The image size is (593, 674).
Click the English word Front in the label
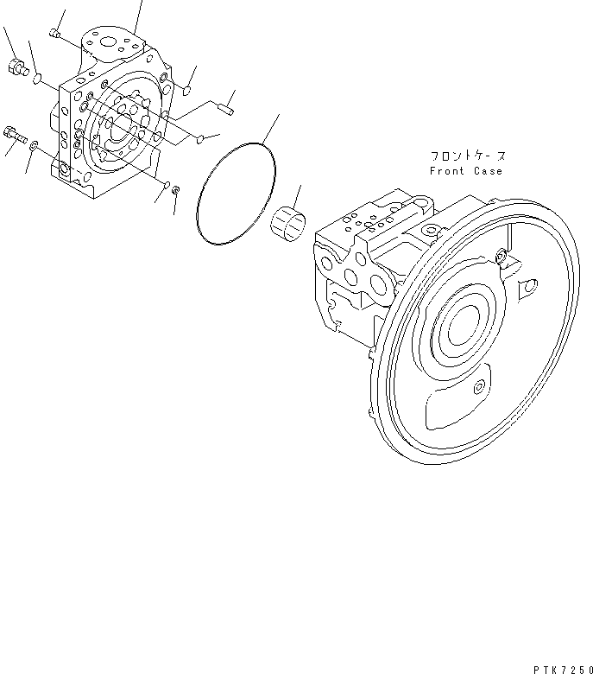click(x=446, y=172)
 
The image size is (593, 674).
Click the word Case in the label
click(x=486, y=172)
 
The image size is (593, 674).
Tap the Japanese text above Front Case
click(x=467, y=156)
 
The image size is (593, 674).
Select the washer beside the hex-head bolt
click(x=33, y=148)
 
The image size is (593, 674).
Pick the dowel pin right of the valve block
click(x=229, y=107)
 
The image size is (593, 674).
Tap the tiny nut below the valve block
click(x=176, y=188)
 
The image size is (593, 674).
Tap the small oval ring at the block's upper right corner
click(x=188, y=89)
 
